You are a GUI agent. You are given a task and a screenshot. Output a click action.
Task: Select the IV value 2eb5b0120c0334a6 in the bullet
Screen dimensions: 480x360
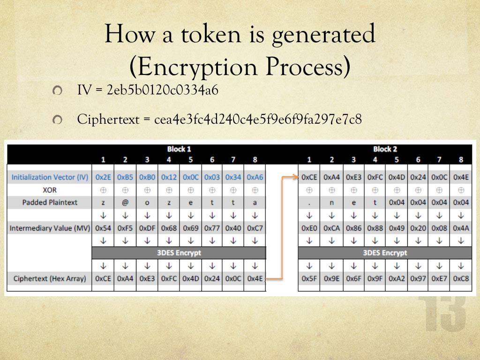tap(163, 90)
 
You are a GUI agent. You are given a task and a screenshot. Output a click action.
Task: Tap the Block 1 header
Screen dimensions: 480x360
tap(179, 150)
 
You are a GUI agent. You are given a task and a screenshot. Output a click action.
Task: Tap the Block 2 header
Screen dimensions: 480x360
tap(385, 150)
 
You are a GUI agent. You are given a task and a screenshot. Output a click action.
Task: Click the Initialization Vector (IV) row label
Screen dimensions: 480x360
tap(50, 177)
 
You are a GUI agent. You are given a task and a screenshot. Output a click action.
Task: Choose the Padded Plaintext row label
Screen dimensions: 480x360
tap(50, 202)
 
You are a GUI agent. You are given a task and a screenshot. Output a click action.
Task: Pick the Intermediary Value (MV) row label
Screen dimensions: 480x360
tap(50, 228)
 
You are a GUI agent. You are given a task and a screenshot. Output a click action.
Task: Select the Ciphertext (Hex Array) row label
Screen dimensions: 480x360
tap(50, 278)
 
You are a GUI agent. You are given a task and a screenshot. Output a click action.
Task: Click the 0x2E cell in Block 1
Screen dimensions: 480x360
tap(103, 177)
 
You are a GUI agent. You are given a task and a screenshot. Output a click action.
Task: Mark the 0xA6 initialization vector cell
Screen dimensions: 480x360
tap(255, 177)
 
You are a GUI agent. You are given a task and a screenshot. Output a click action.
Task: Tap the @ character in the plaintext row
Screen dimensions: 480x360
tap(125, 202)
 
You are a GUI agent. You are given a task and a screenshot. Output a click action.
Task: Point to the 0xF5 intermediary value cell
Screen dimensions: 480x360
tap(125, 228)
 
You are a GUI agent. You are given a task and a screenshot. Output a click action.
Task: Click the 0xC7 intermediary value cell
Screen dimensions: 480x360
tap(255, 228)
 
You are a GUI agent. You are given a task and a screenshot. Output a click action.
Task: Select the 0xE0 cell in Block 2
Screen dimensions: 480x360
tap(309, 228)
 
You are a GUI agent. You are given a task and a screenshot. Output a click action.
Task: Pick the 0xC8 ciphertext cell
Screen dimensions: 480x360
tap(461, 278)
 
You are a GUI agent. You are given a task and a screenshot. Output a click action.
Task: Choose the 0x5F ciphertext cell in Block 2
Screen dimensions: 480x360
tap(309, 278)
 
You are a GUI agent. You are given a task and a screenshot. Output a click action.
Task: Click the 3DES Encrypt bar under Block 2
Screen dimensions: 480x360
tap(385, 253)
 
